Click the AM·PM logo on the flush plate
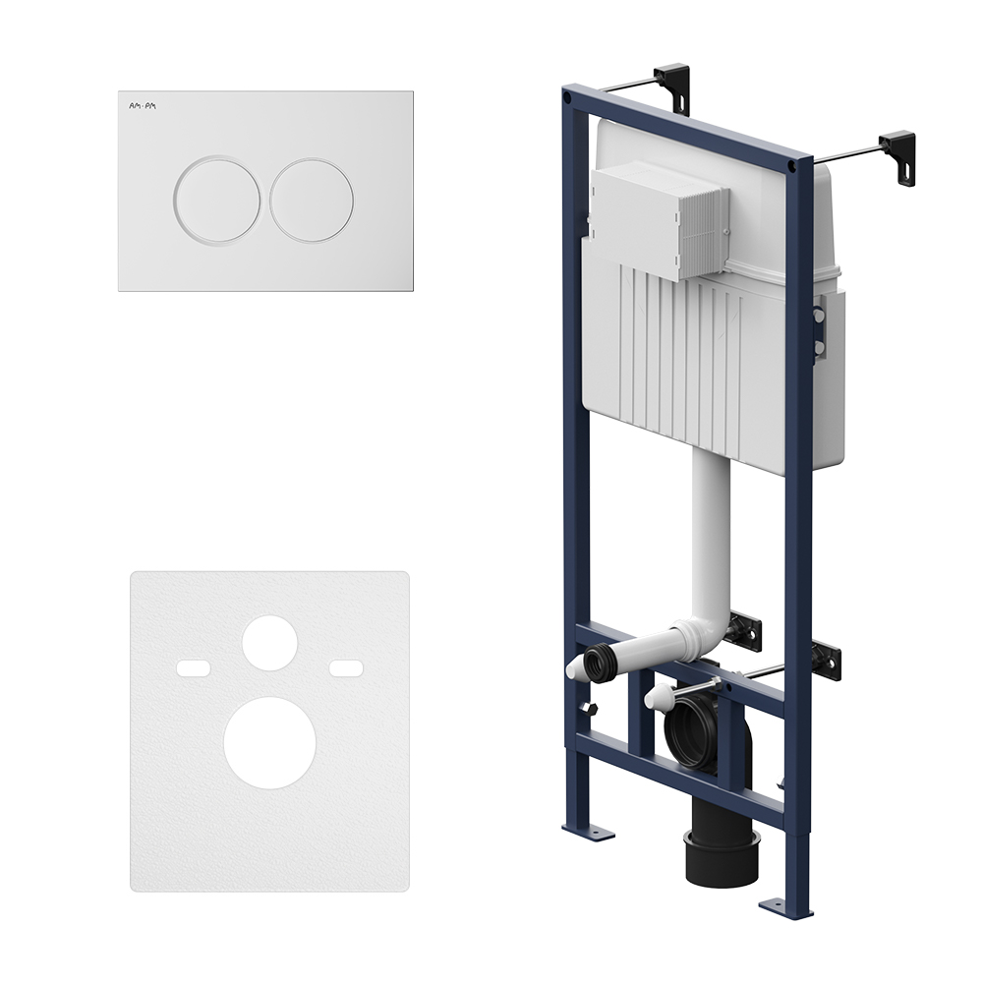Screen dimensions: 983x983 point(143,106)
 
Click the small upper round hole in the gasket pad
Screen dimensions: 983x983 point(269,643)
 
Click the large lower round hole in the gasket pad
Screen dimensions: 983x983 point(269,742)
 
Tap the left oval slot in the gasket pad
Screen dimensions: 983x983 point(193,668)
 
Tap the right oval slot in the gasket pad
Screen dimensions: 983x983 point(347,668)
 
